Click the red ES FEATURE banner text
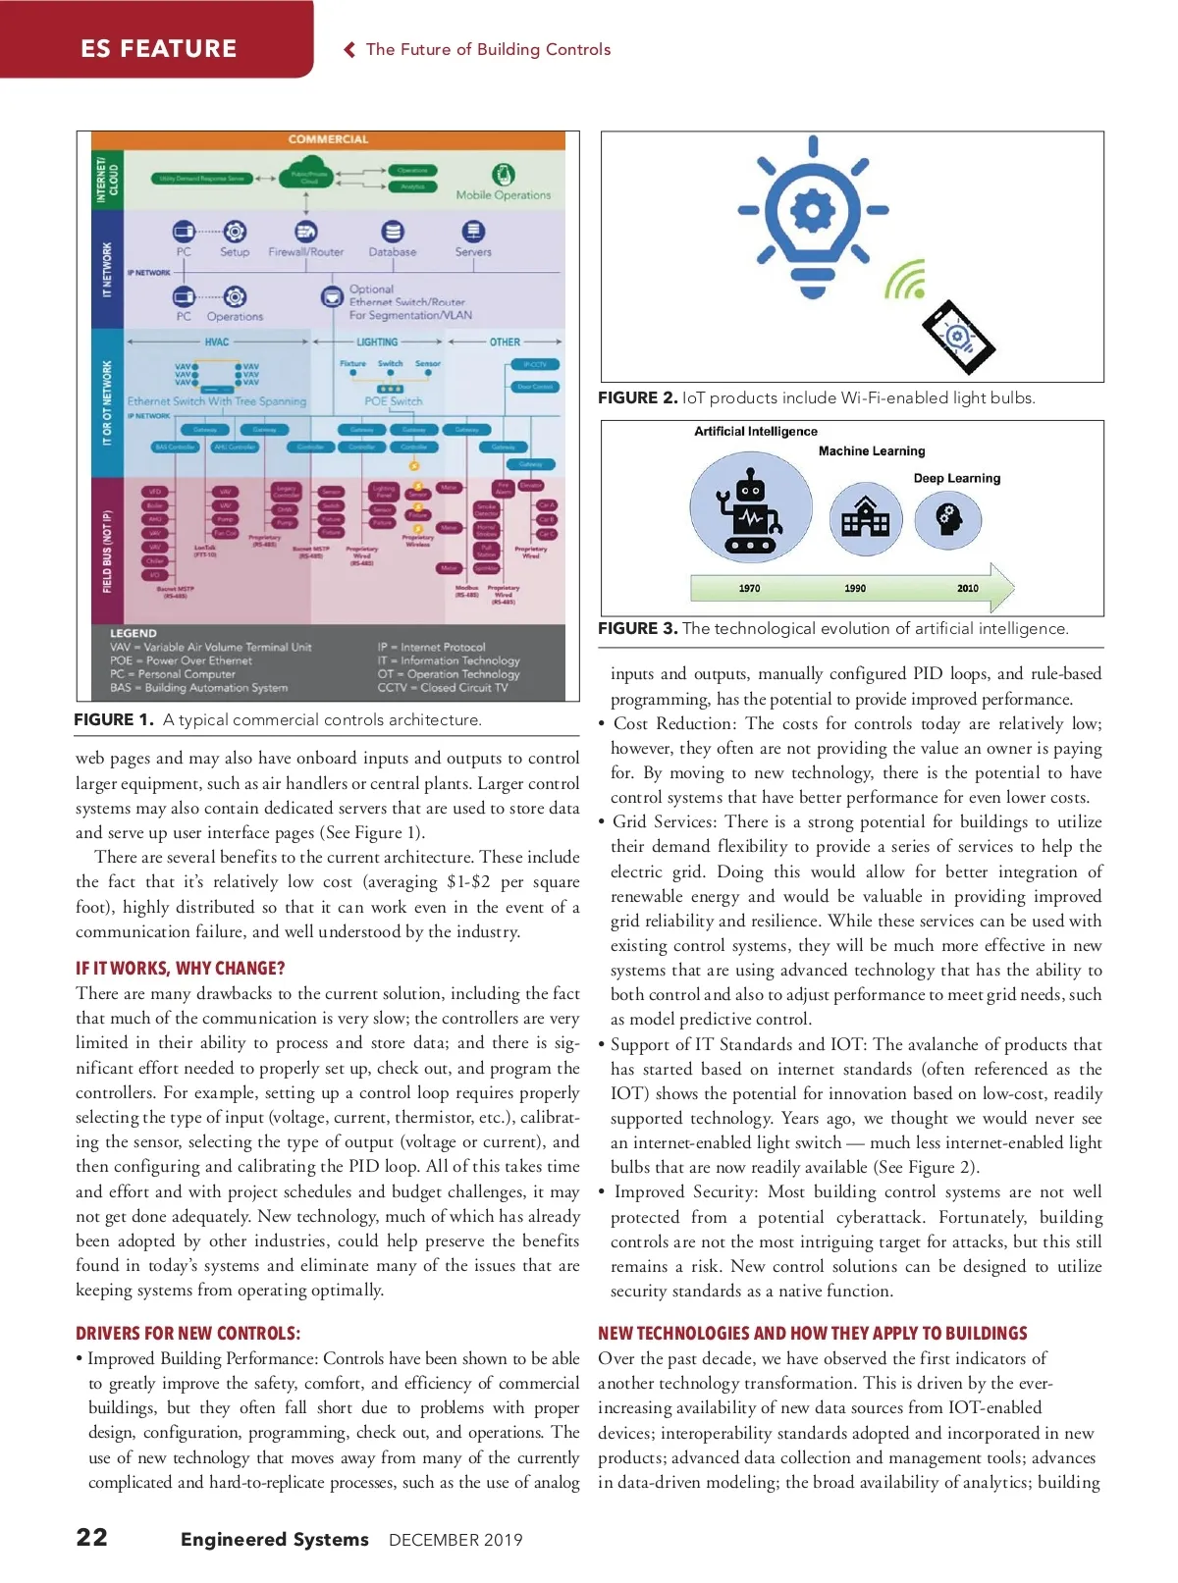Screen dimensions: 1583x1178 [x=158, y=48]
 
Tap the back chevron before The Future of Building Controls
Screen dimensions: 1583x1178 [x=349, y=50]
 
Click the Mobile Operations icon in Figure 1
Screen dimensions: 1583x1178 [x=503, y=175]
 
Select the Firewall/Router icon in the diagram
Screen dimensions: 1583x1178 [x=306, y=232]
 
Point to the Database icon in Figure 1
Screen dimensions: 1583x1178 [x=393, y=232]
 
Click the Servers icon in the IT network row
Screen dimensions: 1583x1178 [x=473, y=232]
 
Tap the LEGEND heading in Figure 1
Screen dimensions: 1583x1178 [x=134, y=633]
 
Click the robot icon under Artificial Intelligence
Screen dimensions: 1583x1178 [x=750, y=511]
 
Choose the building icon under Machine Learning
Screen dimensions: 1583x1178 [x=866, y=516]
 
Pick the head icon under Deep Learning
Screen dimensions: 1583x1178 [x=948, y=517]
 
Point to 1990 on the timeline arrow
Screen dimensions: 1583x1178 [x=855, y=588]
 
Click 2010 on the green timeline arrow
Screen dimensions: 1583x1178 [x=968, y=588]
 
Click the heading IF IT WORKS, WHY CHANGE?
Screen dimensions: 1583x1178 [x=181, y=969]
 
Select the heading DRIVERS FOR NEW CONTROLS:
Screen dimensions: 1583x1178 [x=188, y=1333]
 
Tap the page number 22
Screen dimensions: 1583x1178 [x=92, y=1537]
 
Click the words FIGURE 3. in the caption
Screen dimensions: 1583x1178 [x=638, y=628]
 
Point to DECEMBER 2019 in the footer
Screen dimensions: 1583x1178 [x=455, y=1540]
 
